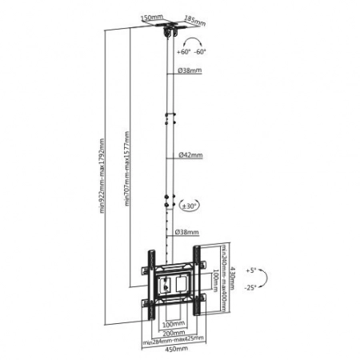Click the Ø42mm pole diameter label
[190, 154]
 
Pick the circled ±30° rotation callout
[190, 206]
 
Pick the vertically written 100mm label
[215, 280]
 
